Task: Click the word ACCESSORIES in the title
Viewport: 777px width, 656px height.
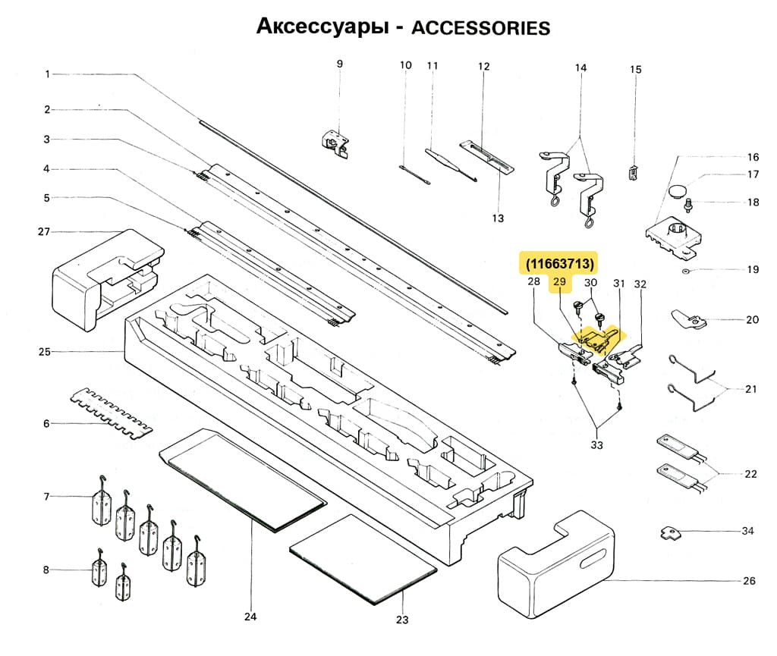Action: point(480,28)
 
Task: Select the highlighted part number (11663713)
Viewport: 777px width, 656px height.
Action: point(558,263)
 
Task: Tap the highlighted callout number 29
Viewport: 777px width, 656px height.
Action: point(560,283)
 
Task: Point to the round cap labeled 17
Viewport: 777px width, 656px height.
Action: point(679,187)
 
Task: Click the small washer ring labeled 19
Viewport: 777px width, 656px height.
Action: point(686,270)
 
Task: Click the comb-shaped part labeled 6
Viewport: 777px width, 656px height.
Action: point(110,409)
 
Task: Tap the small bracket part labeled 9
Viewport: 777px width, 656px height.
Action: point(335,142)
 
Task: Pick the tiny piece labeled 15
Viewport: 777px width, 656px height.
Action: point(632,172)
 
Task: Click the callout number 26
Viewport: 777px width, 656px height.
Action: point(750,582)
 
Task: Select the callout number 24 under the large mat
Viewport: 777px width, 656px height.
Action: point(250,617)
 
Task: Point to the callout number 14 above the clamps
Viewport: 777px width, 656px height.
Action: point(580,68)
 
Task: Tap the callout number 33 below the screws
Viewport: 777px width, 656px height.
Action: point(596,444)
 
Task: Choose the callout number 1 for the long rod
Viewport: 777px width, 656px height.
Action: point(47,74)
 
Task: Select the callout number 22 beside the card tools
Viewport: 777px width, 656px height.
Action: point(750,474)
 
